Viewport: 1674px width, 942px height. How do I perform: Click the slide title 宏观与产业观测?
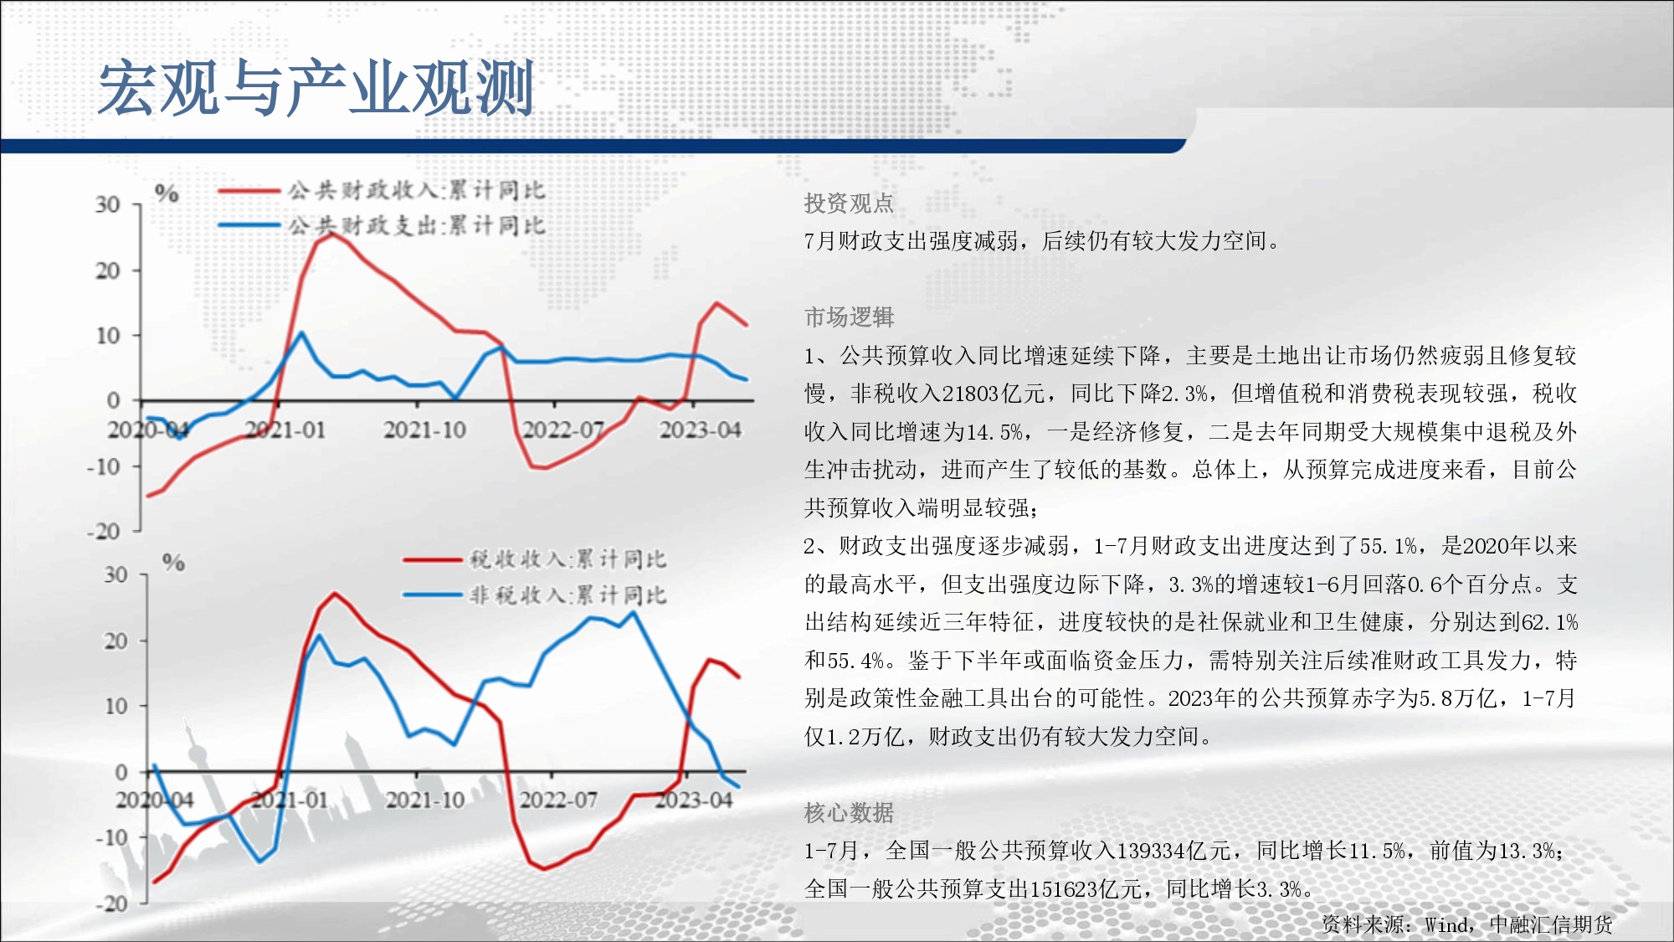coord(316,88)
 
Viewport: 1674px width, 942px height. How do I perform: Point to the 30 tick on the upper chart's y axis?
coord(107,205)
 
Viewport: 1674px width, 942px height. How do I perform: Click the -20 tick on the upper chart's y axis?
coord(103,531)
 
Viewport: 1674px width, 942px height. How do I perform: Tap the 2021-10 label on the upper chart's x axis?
coord(424,430)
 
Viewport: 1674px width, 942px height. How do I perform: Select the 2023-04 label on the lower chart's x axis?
coord(693,800)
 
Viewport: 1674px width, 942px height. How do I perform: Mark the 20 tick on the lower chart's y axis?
coord(116,641)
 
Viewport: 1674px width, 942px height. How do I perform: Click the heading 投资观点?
coord(849,203)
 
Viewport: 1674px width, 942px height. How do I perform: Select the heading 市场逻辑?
coord(849,317)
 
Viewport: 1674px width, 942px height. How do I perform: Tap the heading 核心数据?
coord(849,813)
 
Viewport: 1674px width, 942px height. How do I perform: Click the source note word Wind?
coord(1445,924)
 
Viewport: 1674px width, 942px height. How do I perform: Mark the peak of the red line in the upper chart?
coord(331,234)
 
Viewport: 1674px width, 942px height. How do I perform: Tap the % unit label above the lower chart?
coord(173,562)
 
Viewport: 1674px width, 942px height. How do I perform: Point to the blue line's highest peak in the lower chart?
coord(633,612)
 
